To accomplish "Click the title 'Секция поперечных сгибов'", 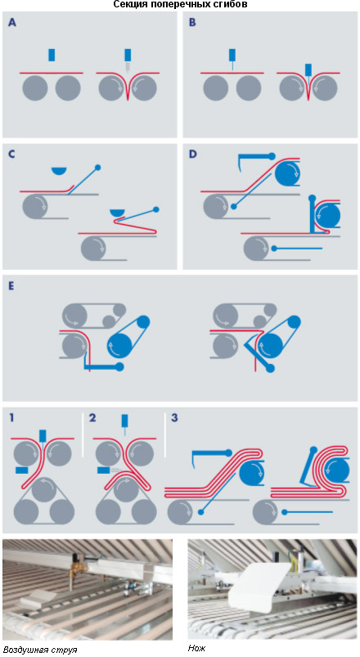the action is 180,5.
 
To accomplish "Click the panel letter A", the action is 12,23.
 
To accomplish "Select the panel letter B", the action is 192,23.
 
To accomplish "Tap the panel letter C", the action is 11,154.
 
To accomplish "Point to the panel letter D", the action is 193,154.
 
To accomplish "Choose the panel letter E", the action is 11,286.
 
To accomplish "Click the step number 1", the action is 11,417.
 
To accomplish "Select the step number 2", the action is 92,417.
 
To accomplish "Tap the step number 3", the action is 174,417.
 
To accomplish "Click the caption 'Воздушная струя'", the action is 40,650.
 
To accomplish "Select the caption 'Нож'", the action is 196,648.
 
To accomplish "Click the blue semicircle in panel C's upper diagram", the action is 60,170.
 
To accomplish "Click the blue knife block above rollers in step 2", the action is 124,421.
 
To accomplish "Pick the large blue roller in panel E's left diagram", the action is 120,344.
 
